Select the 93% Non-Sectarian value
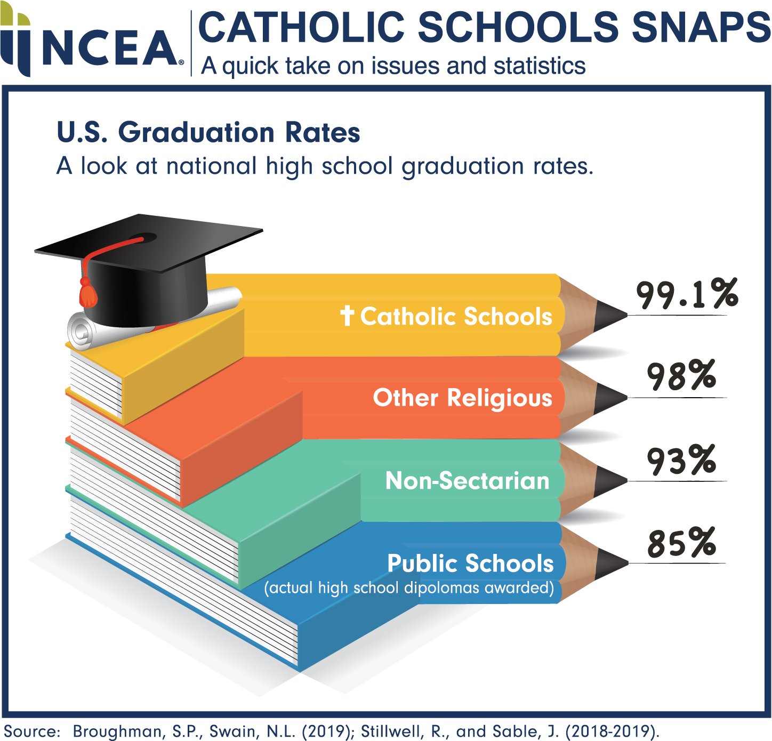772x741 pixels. coord(681,460)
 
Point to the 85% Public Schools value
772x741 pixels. coord(681,543)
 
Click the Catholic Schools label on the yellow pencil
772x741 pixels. coord(456,316)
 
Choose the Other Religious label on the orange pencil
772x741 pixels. coord(462,398)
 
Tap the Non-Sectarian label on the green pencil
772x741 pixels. coord(467,481)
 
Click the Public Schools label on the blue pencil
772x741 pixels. coord(470,563)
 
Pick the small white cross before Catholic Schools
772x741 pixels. coord(347,316)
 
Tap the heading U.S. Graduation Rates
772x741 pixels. coord(208,132)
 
